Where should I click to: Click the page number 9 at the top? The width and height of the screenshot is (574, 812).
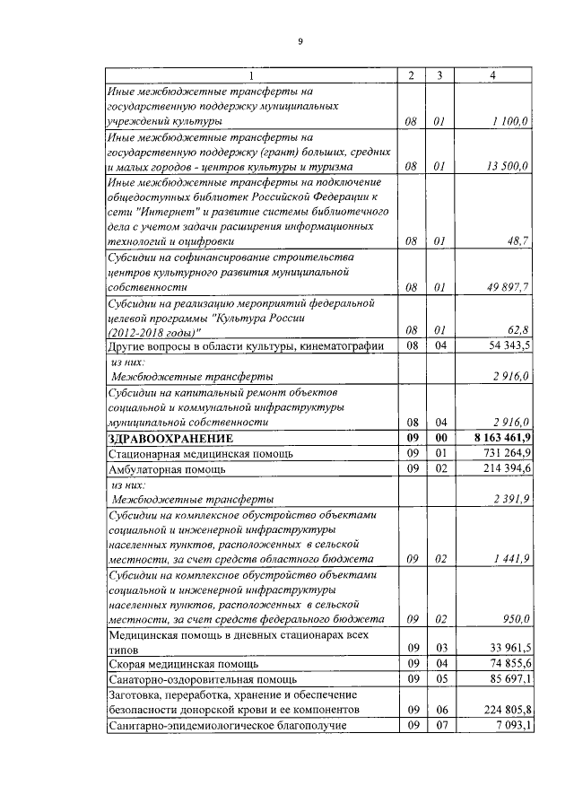click(x=300, y=41)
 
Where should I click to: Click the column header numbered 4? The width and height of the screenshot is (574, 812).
click(x=493, y=74)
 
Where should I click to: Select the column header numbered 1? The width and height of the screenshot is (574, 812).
click(x=251, y=74)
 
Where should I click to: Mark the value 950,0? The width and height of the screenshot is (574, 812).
click(x=516, y=619)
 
